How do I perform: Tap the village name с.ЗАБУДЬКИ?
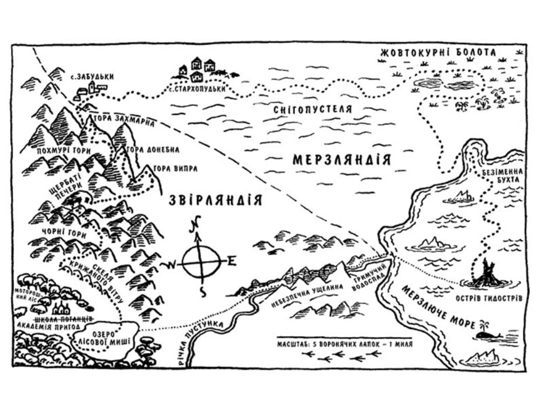pyautogui.click(x=93, y=77)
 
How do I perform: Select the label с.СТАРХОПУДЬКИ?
pyautogui.click(x=198, y=89)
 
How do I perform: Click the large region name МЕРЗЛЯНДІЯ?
pyautogui.click(x=342, y=160)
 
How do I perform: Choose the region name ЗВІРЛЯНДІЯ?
pyautogui.click(x=215, y=200)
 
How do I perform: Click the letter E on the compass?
pyautogui.click(x=231, y=262)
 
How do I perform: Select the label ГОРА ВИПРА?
pyautogui.click(x=175, y=168)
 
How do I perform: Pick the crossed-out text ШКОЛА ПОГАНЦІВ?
pyautogui.click(x=63, y=319)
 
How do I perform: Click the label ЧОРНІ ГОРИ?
pyautogui.click(x=64, y=233)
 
